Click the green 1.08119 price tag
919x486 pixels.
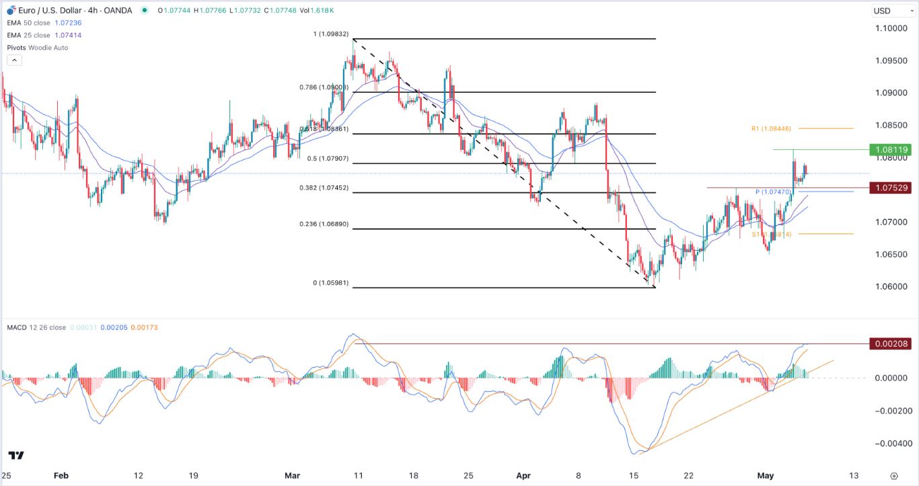[x=889, y=150]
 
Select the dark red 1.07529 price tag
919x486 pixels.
[x=889, y=188]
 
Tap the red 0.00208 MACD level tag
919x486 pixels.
[x=889, y=344]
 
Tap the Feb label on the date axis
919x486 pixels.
[x=61, y=476]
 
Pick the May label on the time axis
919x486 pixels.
[x=765, y=476]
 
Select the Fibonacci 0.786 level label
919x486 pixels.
[x=324, y=87]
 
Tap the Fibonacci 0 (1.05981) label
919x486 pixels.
[x=330, y=283]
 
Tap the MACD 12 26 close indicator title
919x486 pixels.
[x=36, y=327]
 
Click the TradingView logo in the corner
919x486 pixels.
[x=17, y=455]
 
